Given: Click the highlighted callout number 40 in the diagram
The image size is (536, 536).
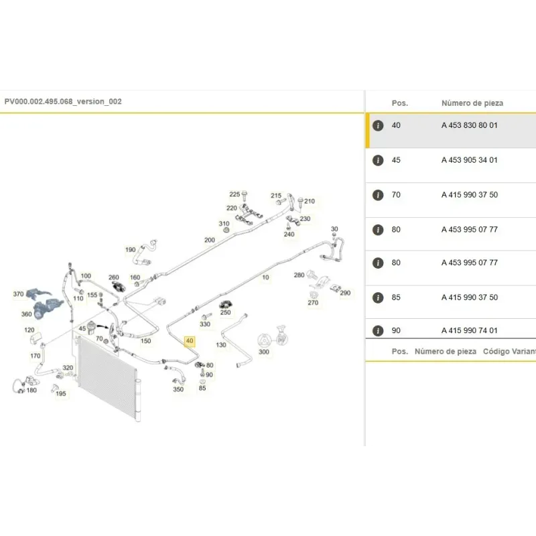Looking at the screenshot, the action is click(x=190, y=341).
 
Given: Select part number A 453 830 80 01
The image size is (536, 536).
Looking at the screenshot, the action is click(x=470, y=125).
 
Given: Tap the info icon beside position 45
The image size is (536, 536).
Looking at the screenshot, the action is click(x=378, y=160).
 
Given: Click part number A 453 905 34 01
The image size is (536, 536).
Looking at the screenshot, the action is click(x=470, y=160).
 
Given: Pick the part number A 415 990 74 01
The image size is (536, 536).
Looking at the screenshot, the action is click(x=470, y=330).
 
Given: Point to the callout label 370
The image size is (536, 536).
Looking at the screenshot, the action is click(x=19, y=294).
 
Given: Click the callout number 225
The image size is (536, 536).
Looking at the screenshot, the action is click(x=234, y=194).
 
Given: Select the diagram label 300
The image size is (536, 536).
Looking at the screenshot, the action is click(x=263, y=352).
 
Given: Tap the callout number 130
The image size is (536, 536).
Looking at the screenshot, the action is click(x=221, y=345).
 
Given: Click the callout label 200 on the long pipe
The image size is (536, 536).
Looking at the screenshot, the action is click(x=210, y=240).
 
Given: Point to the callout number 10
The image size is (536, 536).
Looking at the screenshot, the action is click(x=265, y=277).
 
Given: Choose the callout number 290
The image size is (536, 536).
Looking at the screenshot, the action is click(x=345, y=293).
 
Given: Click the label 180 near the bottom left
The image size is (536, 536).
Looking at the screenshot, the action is click(x=31, y=390).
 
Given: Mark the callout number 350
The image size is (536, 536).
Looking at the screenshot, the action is click(x=178, y=389).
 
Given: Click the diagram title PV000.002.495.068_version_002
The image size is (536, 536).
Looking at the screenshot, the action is click(x=63, y=102).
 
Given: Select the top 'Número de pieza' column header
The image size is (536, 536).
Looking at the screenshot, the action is click(x=472, y=103).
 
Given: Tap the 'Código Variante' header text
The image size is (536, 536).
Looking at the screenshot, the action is click(x=509, y=351).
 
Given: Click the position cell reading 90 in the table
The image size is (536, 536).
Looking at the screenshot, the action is click(x=396, y=330).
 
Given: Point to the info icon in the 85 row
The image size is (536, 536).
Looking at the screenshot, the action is click(x=378, y=297).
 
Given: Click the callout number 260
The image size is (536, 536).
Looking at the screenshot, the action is click(x=113, y=277).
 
